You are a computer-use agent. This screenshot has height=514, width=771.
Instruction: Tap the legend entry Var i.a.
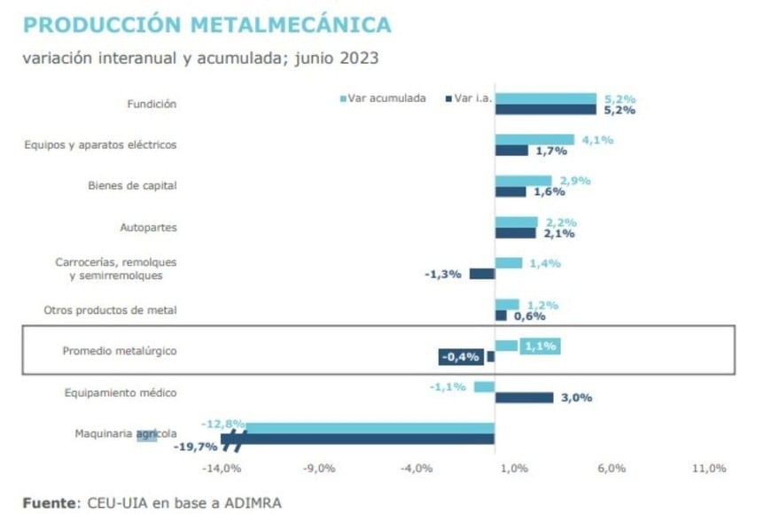(x=469, y=97)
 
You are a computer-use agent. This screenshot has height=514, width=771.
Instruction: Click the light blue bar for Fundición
(x=545, y=98)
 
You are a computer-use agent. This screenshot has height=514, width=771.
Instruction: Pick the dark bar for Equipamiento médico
(x=524, y=398)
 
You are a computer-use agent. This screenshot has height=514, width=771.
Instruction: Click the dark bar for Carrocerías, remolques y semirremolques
(x=482, y=274)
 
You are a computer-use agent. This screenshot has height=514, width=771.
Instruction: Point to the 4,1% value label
(x=596, y=139)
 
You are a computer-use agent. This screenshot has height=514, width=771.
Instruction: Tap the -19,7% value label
(x=195, y=446)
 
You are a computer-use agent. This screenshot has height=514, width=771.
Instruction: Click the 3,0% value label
(x=576, y=398)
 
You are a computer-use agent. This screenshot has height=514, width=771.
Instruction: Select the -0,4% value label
(x=461, y=357)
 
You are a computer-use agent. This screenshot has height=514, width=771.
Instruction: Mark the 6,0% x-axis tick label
(x=611, y=468)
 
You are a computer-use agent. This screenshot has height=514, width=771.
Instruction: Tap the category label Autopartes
(x=148, y=228)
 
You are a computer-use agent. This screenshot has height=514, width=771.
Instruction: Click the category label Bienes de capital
(x=132, y=186)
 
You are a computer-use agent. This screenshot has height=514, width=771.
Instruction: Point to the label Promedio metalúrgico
(x=120, y=351)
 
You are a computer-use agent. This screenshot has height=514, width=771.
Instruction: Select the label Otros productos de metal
(x=111, y=310)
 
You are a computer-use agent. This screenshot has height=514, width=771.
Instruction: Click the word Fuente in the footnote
(x=49, y=502)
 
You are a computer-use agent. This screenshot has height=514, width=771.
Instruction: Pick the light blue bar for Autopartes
(x=516, y=222)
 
